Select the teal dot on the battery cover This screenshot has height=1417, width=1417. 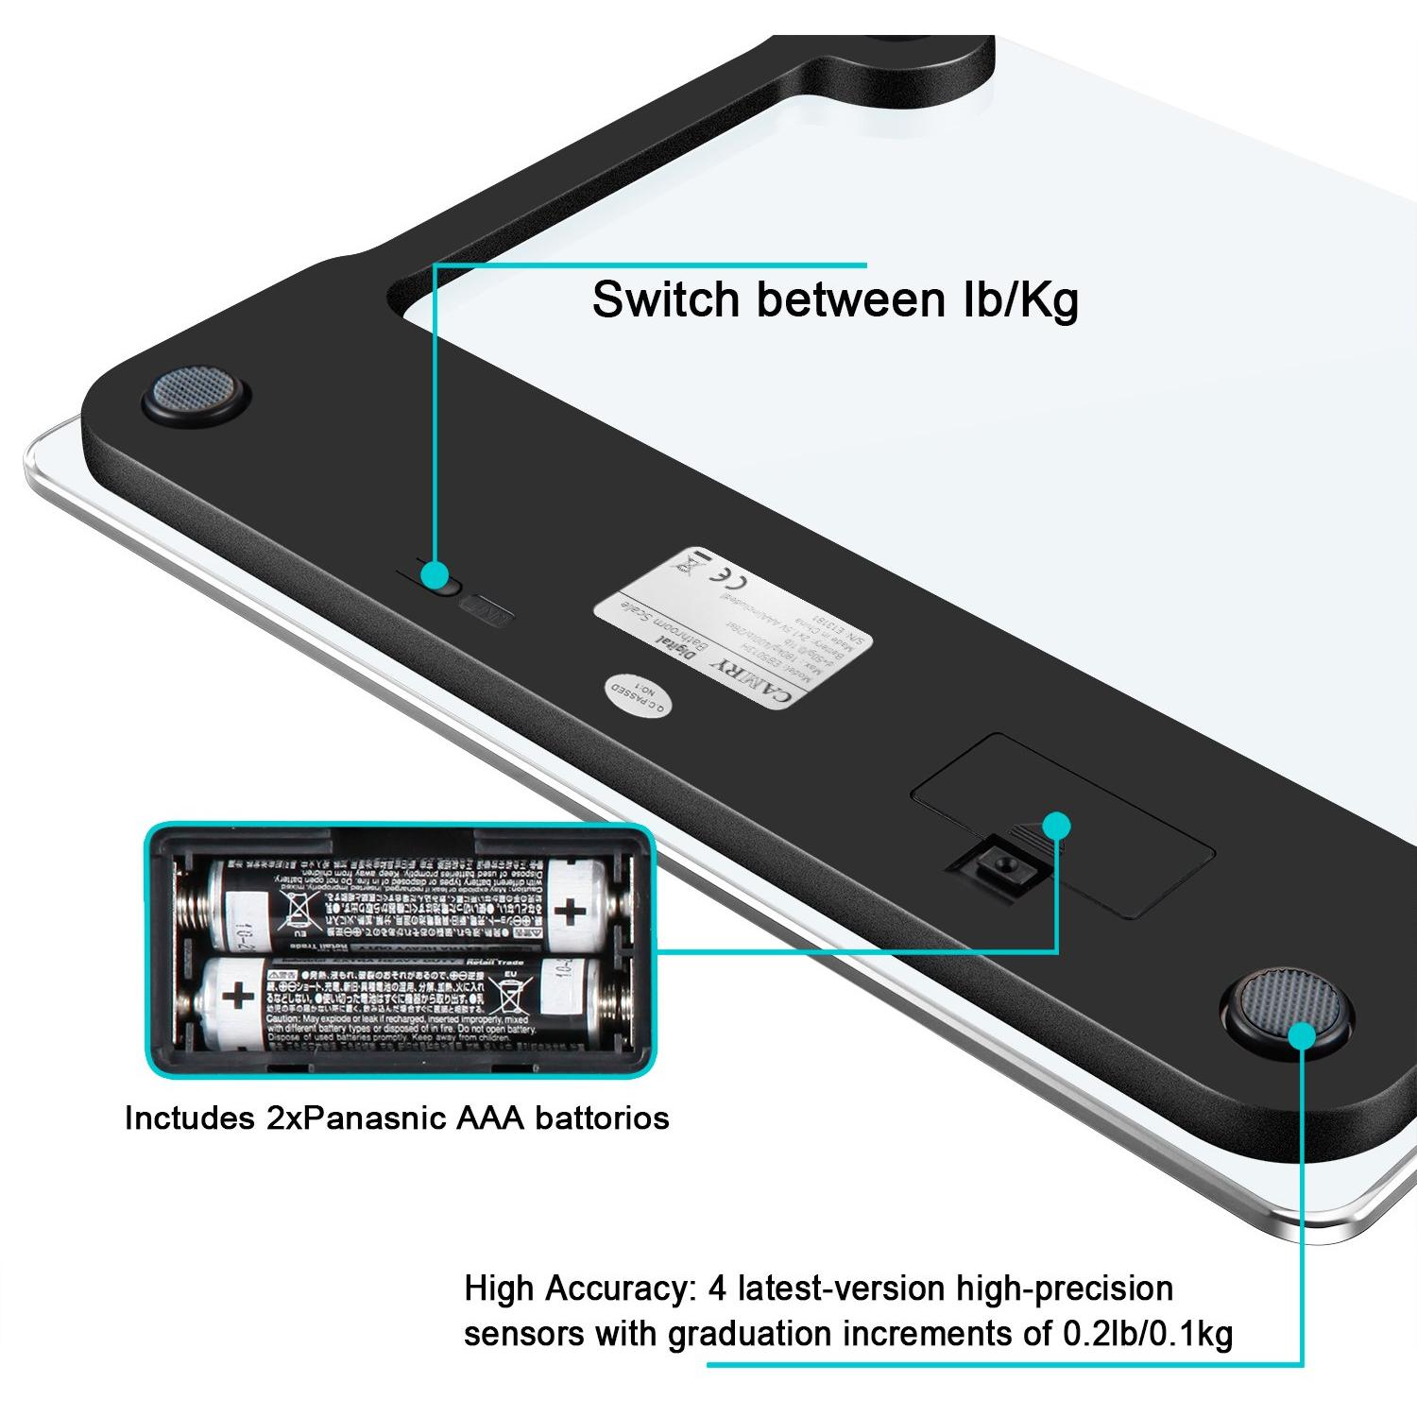point(1058,825)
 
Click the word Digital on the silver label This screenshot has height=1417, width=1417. point(676,647)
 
